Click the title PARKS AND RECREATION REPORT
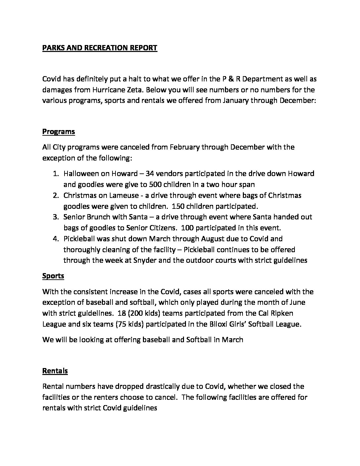[x=100, y=48]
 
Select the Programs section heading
[x=59, y=132]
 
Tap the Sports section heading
[x=53, y=276]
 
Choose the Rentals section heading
[x=55, y=371]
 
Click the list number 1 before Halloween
[x=56, y=173]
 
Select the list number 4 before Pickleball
[x=56, y=239]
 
